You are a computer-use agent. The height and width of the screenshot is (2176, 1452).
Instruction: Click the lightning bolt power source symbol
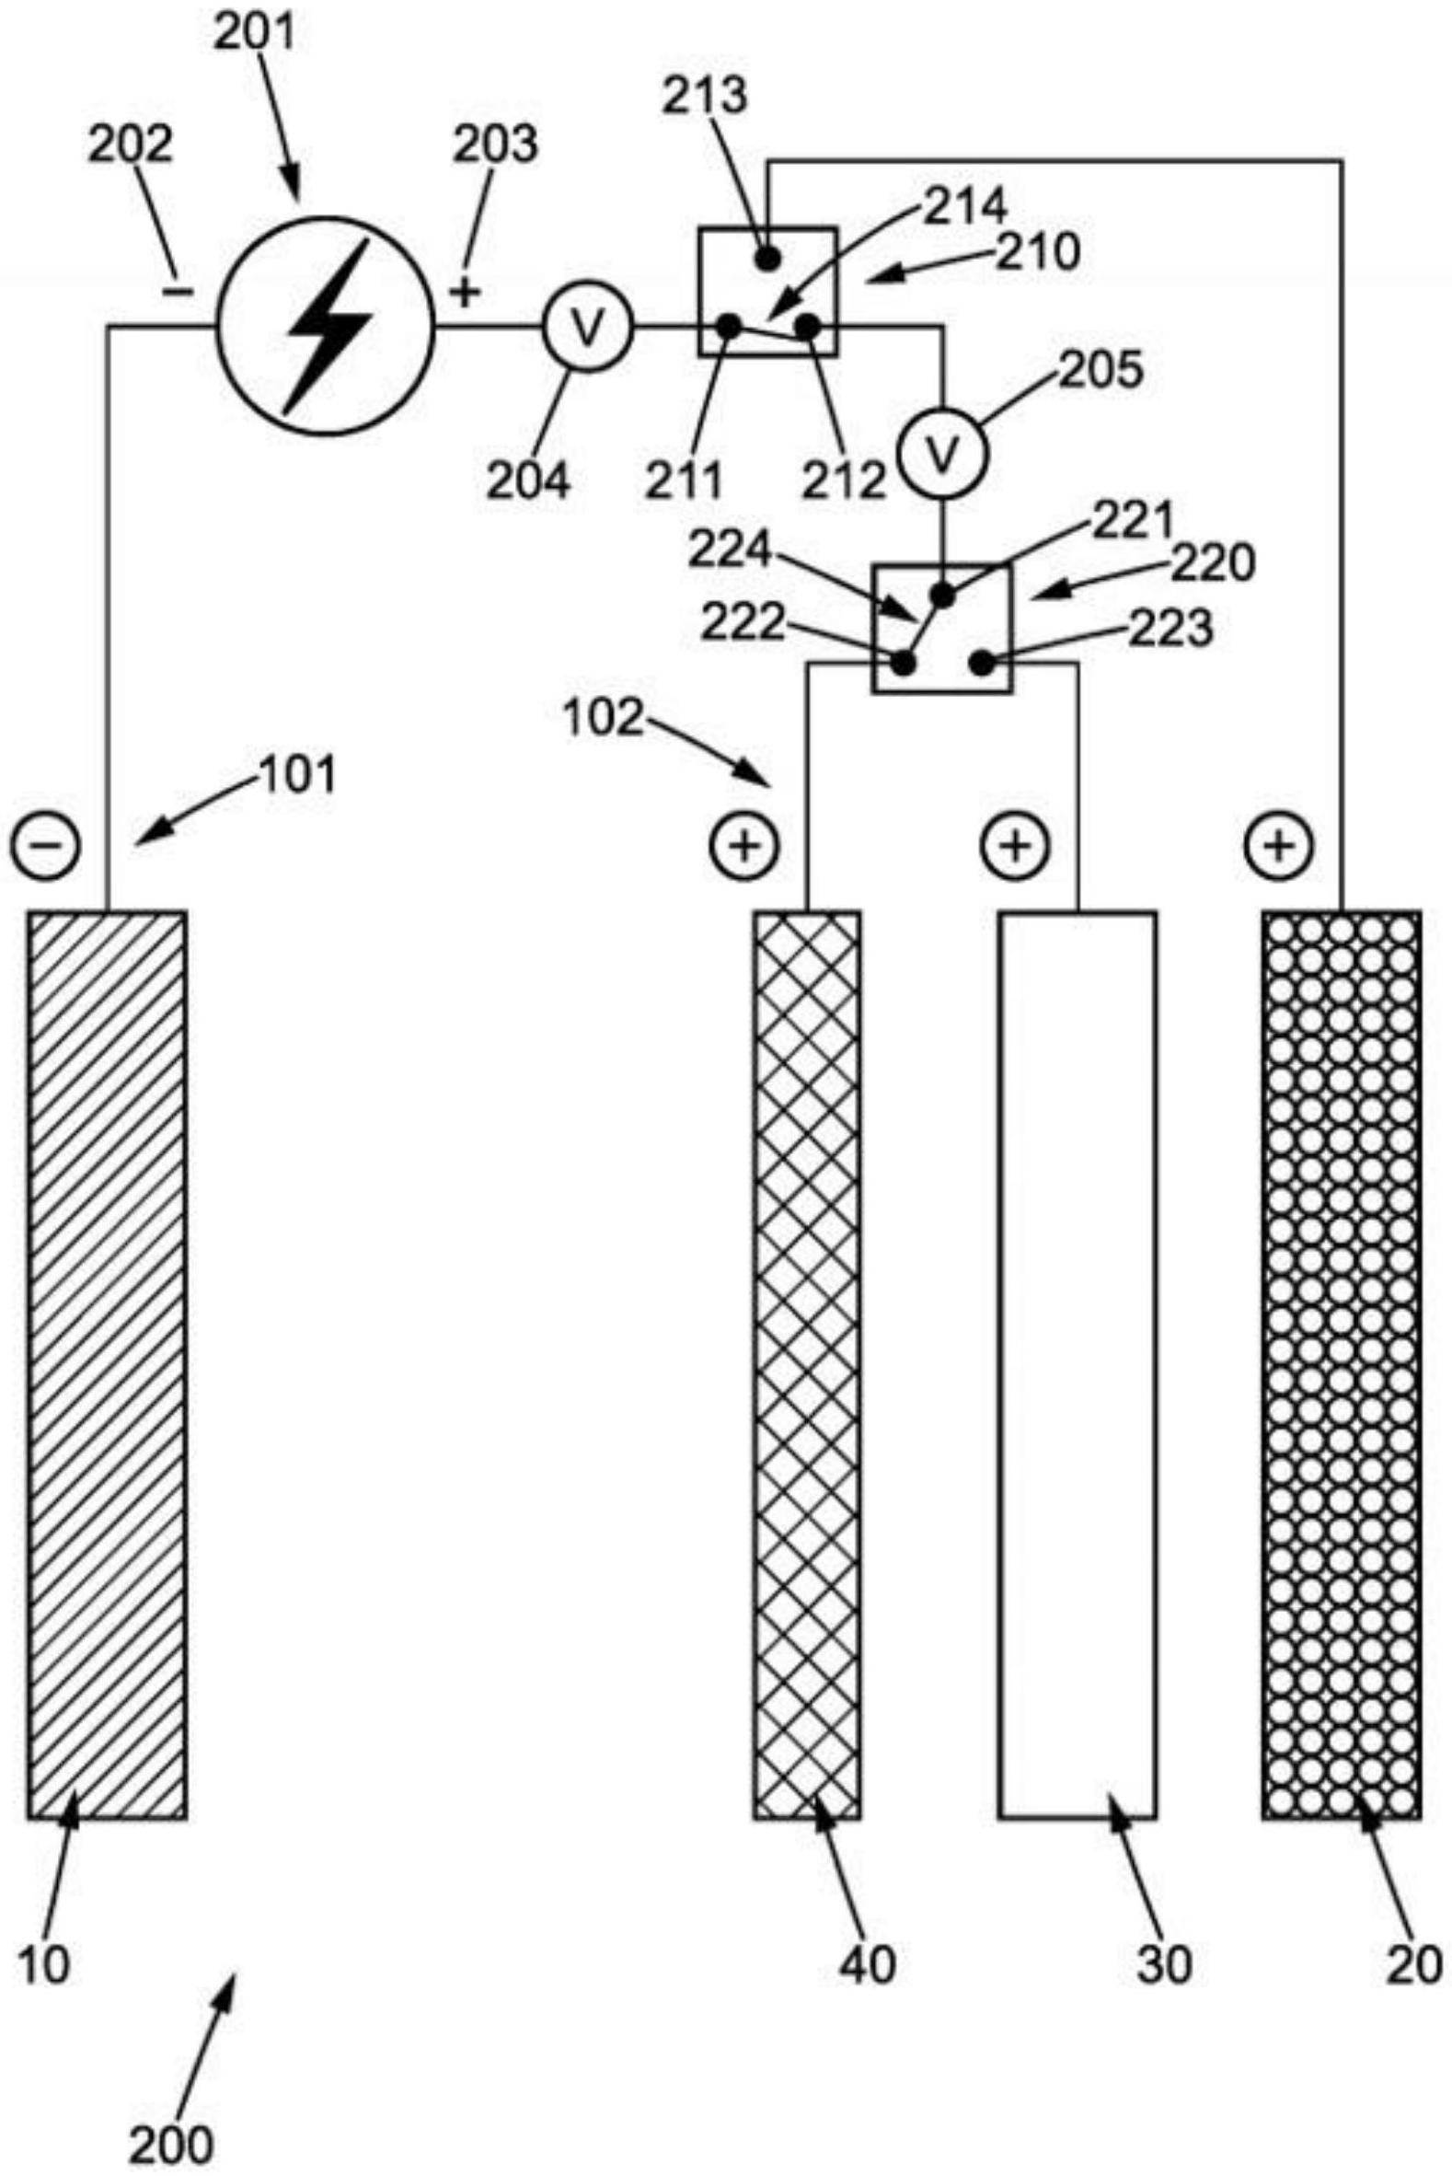325,325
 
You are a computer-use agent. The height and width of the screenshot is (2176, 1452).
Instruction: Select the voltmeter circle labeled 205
943,452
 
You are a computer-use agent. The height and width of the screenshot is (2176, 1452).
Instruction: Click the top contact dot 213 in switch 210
766,259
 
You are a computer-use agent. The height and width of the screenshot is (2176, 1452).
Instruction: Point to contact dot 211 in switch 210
729,325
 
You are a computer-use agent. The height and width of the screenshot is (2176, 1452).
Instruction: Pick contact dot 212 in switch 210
808,326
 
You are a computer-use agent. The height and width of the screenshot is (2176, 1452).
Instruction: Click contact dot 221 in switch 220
942,596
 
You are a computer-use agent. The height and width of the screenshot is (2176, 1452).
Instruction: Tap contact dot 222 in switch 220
903,664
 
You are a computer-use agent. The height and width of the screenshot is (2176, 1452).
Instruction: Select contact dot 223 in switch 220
982,664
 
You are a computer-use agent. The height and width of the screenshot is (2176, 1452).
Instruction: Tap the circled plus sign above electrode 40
744,845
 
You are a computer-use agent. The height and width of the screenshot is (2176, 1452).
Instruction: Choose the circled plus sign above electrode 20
1280,845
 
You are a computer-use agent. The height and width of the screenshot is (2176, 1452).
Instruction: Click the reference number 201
254,33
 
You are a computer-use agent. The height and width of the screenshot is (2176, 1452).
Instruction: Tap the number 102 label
603,718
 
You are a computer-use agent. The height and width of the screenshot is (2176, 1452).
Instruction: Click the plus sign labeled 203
467,293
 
